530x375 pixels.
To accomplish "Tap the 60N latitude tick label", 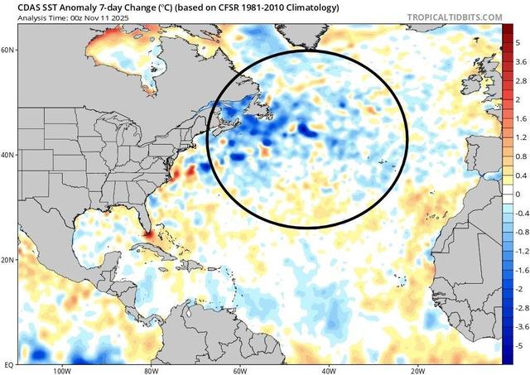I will (x=8, y=50).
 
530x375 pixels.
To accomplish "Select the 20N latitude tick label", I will (x=8, y=260).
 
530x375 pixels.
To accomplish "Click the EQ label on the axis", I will (x=8, y=364).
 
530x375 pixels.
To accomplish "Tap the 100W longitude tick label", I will (x=60, y=370).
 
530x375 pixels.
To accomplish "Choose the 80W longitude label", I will (x=151, y=370).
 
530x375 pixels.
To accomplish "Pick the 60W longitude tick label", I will (x=241, y=370).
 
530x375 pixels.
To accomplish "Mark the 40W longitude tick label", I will (x=330, y=370).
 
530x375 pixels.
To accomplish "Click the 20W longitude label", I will (x=420, y=370).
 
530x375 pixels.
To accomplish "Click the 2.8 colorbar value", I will (x=518, y=80).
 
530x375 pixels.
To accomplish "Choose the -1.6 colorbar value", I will (x=519, y=271).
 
